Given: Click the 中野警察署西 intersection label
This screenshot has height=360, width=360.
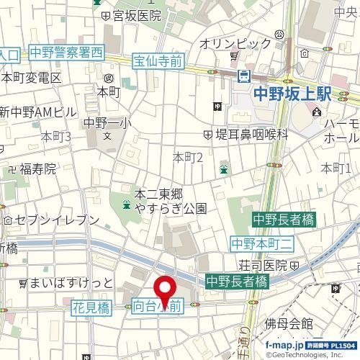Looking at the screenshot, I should pos(67,53).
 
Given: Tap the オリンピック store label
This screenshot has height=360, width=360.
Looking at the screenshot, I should pos(235,44).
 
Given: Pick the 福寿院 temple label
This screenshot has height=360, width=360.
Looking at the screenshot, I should pos(37,170).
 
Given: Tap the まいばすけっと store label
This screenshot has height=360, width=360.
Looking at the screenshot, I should pos(71,282).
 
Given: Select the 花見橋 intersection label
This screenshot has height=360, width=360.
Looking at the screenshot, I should pos(91,307).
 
